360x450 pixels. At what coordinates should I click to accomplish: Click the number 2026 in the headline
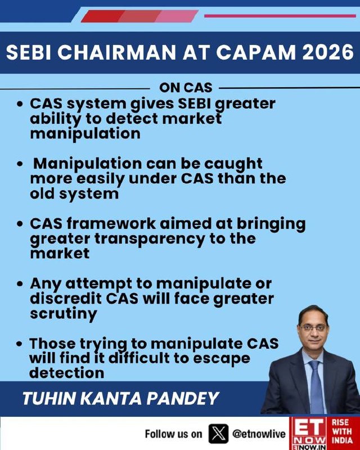(x=328, y=52)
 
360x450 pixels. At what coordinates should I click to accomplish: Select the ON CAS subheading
(x=186, y=88)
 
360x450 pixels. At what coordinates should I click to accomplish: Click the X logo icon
(x=218, y=434)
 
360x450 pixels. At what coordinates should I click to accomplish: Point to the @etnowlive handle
(x=259, y=434)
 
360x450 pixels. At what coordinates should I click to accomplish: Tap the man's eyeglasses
(x=313, y=328)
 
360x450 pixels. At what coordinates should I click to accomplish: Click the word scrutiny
(x=63, y=314)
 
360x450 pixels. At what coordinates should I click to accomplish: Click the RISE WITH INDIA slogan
(x=342, y=431)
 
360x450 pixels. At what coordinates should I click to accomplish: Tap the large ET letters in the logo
(x=309, y=427)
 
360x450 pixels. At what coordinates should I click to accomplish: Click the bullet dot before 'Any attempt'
(x=20, y=284)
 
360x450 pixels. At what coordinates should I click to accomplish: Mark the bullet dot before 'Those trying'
(x=19, y=344)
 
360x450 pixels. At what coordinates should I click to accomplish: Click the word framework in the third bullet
(x=110, y=224)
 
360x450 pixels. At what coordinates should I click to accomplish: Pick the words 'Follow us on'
(x=173, y=434)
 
